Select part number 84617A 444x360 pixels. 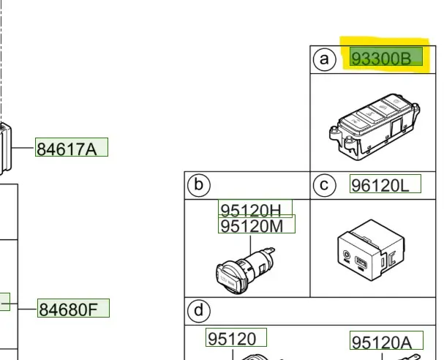coord(71,149)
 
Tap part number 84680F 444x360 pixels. coord(72,309)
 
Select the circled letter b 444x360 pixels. coord(197,185)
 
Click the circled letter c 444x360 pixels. coord(323,185)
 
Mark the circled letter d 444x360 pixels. coord(197,311)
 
